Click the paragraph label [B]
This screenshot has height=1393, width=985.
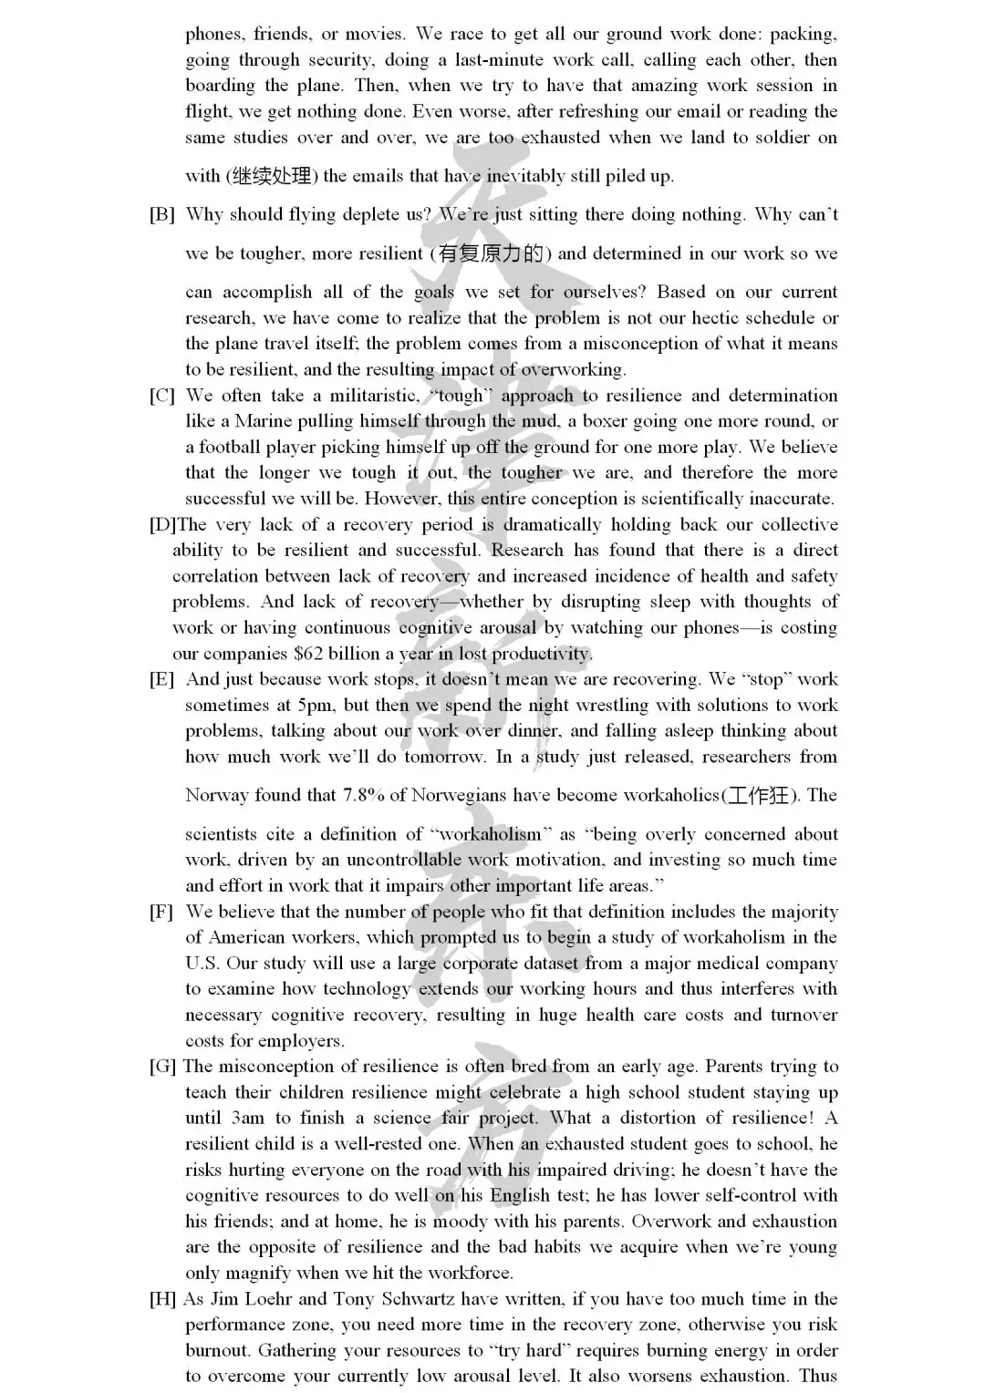click(162, 215)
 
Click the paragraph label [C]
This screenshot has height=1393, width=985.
click(162, 396)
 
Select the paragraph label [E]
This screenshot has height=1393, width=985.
click(162, 679)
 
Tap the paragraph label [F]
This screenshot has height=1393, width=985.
click(162, 912)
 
